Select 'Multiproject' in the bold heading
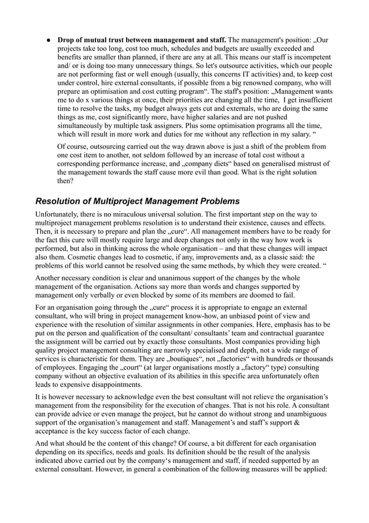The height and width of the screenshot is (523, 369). tap(122, 202)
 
